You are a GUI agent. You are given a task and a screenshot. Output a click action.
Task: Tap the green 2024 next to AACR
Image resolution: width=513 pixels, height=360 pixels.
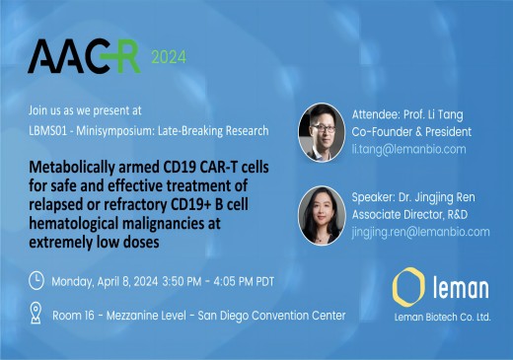[x=168, y=58]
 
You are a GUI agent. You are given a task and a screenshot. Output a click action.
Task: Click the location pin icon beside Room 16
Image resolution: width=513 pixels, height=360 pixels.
[x=37, y=315]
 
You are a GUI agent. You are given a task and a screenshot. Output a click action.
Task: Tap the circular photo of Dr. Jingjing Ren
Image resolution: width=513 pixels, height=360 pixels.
[x=322, y=214]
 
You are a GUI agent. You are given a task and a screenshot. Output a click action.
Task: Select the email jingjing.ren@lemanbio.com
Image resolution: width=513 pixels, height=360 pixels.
[x=420, y=232]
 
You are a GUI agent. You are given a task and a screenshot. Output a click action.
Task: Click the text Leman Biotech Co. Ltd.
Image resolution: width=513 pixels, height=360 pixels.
[x=441, y=318]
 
